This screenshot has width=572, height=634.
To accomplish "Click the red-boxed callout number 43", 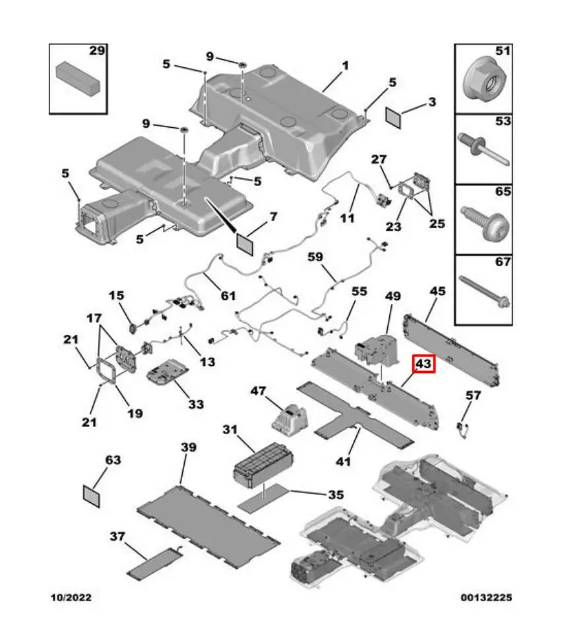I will click(x=422, y=364).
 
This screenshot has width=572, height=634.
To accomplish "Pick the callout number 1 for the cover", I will click(x=346, y=67).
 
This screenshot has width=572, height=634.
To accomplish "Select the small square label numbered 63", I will click(x=92, y=495).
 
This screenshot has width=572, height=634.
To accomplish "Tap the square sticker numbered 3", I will click(x=395, y=117).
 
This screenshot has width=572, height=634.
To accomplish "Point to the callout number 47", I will click(x=259, y=391).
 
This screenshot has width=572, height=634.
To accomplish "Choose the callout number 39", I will click(x=189, y=448).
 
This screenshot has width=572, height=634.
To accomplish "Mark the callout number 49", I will click(x=393, y=297).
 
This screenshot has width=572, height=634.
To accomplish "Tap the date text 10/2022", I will click(x=72, y=598).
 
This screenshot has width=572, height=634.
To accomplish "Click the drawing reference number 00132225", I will click(x=486, y=598).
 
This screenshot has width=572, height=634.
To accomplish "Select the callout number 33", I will click(x=196, y=404).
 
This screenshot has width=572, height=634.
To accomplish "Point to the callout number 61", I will click(x=228, y=295).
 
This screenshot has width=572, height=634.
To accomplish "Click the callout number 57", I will click(x=473, y=396).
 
